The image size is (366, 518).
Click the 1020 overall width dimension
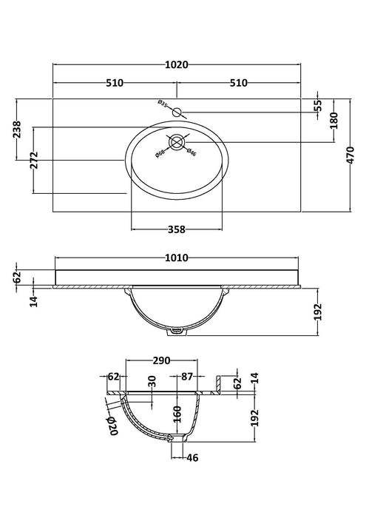[x=177, y=65]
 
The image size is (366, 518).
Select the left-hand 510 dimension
[x=115, y=83]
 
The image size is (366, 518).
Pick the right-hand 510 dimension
[x=238, y=83]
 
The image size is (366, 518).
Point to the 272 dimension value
[x=34, y=161]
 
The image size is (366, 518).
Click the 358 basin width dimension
[x=177, y=229]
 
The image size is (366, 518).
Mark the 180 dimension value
[x=334, y=121]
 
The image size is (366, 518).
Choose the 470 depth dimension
[x=350, y=155]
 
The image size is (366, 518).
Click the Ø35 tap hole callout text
[x=163, y=104]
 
